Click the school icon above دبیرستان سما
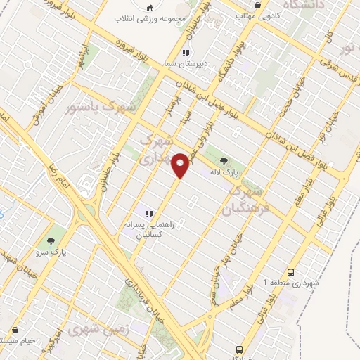click(x=186, y=53)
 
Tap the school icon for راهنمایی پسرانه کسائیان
click(x=148, y=213)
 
